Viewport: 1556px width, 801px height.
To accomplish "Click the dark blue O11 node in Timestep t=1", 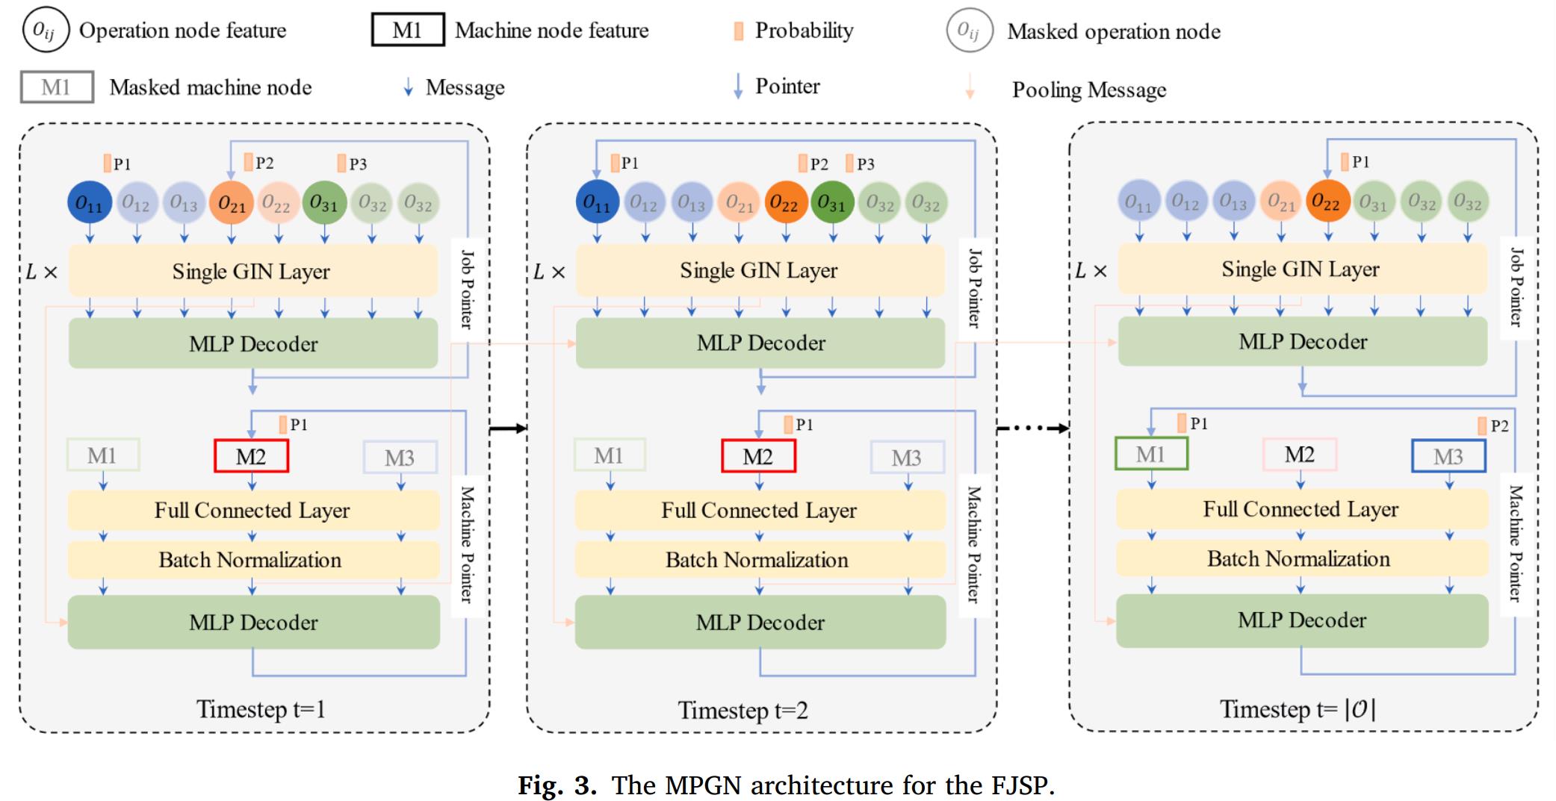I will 90,202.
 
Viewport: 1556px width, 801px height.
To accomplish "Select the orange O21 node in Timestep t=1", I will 232,202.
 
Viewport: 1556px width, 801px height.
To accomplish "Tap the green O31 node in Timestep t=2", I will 831,202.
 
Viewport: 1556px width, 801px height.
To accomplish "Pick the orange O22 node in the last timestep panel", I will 1326,202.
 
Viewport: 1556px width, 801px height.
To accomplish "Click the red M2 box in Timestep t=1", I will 251,456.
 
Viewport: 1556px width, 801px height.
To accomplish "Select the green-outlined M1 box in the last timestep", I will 1150,454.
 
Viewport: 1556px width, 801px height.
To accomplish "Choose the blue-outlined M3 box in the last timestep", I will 1448,456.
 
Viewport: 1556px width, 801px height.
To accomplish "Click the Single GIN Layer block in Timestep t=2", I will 759,270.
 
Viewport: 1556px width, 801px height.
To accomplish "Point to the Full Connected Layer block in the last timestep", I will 1301,509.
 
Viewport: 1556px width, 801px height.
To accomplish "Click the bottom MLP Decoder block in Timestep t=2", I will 760,622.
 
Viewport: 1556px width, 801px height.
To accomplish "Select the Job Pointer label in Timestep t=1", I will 467,290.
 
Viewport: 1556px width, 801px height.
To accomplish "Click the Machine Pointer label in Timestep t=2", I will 974,544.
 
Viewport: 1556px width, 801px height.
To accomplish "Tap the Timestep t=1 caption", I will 261,708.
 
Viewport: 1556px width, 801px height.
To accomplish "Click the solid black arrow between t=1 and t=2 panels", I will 508,428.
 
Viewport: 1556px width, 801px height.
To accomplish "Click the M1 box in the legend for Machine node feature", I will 408,30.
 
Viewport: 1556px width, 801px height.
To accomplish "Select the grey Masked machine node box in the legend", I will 57,87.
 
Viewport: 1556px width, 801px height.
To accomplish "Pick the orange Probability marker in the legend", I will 738,31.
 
